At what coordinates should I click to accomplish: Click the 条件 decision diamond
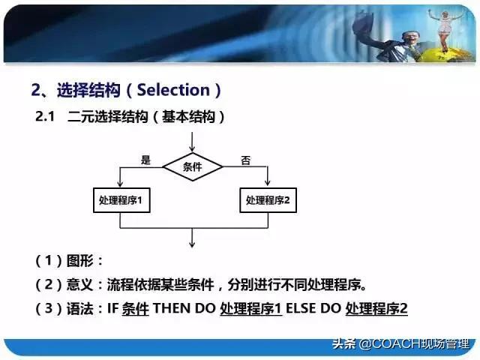click(193, 167)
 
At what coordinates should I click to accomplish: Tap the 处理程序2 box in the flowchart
click(268, 201)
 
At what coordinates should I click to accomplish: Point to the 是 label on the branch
click(145, 160)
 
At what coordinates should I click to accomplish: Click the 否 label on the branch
click(245, 160)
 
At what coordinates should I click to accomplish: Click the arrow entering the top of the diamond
click(193, 142)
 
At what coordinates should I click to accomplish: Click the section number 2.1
click(46, 117)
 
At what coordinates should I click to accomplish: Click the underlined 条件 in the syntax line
click(135, 308)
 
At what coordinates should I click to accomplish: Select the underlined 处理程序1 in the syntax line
click(250, 308)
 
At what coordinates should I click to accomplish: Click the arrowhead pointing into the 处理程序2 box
click(268, 186)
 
